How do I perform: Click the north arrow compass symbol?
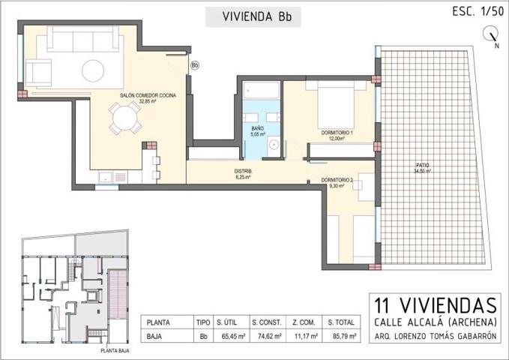pos(492,34)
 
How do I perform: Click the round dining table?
pos(124,118)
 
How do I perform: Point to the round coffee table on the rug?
pos(94,70)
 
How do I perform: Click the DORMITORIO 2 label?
pos(337,182)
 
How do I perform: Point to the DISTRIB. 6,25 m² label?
pos(244,174)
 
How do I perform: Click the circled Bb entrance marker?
pos(195,65)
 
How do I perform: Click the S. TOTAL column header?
pos(342,322)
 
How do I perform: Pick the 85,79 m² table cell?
pos(342,337)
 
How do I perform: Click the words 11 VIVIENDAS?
pos(436,305)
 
